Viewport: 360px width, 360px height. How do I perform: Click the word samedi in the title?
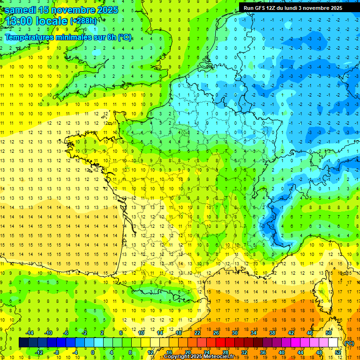[x=21, y=10]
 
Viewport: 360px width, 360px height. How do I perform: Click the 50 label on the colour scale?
[x=329, y=333]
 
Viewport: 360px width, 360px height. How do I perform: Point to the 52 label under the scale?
[x=338, y=352]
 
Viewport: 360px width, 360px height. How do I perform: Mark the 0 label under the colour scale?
[x=93, y=352]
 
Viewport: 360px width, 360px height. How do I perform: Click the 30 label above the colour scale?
[x=235, y=333]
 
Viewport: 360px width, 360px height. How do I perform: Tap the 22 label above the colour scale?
[x=197, y=333]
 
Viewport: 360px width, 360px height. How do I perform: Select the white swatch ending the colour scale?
[x=333, y=343]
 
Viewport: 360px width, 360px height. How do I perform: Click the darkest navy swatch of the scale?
[x=23, y=343]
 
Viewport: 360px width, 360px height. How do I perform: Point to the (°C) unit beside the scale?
[x=349, y=343]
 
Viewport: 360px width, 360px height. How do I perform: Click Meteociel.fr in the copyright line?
[x=218, y=357]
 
